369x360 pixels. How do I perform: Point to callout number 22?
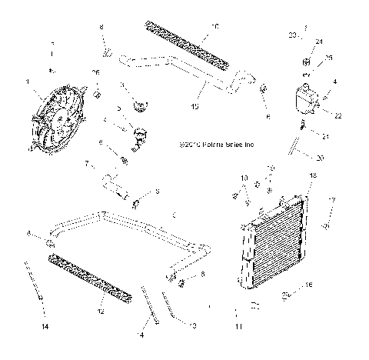[335, 115]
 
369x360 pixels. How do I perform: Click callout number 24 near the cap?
[320, 42]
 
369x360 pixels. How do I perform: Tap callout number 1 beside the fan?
[29, 82]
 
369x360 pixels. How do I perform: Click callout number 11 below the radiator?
[238, 327]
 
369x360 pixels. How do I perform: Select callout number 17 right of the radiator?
[333, 202]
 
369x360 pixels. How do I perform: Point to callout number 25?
[328, 58]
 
